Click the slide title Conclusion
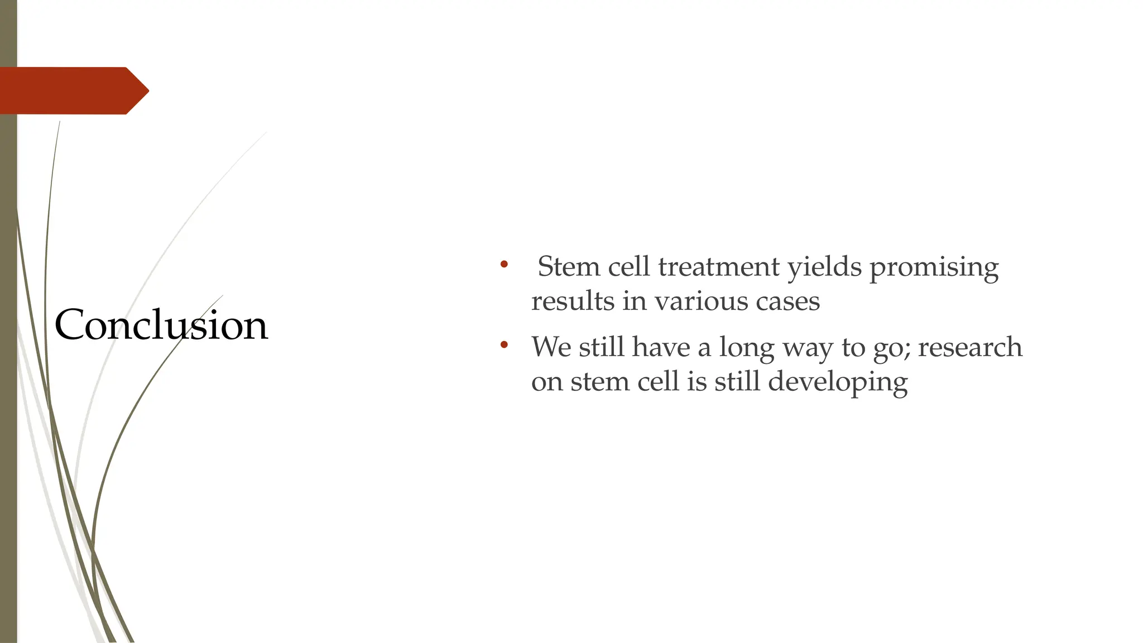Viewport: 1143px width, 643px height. (161, 325)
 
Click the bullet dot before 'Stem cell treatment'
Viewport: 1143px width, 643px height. (504, 264)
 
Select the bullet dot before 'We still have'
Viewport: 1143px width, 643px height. (504, 344)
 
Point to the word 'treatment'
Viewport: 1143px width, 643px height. (718, 267)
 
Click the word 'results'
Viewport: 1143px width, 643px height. (573, 301)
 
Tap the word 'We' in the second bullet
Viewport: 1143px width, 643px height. (551, 347)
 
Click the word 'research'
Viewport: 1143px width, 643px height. (970, 347)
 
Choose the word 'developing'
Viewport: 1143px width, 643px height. (838, 383)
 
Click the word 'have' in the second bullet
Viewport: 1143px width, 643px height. (664, 347)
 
